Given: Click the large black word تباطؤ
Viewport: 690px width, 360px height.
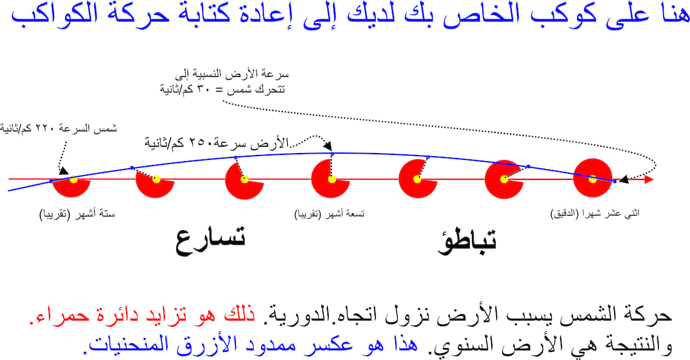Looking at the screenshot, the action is (467, 241).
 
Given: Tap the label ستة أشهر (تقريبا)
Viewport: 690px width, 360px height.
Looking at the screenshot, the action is (77, 214).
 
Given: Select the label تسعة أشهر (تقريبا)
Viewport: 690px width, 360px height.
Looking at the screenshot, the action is (329, 214).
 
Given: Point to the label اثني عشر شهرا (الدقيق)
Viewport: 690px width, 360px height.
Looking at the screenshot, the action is (595, 214).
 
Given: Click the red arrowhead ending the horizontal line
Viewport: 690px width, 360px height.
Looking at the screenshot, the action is (649, 179).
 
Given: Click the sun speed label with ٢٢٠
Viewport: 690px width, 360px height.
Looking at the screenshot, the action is (58, 129).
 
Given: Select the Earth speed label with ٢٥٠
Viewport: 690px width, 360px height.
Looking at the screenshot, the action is (216, 142).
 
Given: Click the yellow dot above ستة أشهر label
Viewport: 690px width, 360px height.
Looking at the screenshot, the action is (73, 179).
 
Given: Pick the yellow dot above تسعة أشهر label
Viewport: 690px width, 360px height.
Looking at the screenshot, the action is (332, 179).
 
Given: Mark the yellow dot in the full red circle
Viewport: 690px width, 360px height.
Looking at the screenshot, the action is (592, 179).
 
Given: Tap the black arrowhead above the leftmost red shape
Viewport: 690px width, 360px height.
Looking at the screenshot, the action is (63, 171).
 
